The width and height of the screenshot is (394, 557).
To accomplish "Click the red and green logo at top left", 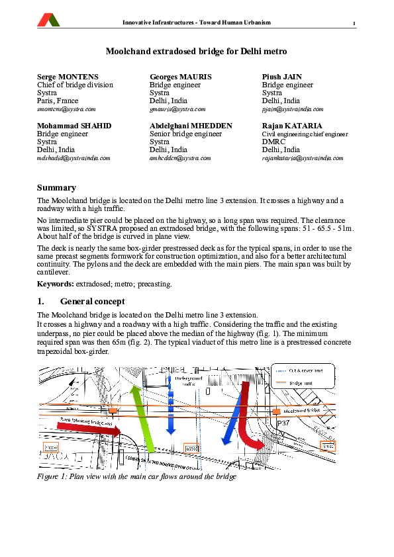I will coord(48,19).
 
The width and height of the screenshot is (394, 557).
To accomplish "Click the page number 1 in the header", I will coord(354,24).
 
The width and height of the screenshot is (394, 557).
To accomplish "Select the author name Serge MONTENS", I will coord(68,77).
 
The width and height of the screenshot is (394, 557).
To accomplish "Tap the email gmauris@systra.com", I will coord(177,109).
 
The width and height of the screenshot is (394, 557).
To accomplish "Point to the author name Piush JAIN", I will coord(282,77).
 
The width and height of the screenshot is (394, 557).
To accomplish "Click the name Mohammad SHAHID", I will coord(74,126).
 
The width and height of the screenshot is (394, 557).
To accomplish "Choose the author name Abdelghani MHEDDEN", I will coord(191,126).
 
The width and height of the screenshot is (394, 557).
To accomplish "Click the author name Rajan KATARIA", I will coord(292,126).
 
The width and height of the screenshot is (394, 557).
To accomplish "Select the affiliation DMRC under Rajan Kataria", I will coord(273,142).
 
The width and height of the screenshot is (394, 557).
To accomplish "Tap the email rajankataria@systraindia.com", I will coord(303,158).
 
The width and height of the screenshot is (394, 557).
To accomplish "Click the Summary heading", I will coord(56,188).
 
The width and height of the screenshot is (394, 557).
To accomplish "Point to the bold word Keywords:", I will coord(55,284).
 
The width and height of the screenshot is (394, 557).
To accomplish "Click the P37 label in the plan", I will coord(284,422).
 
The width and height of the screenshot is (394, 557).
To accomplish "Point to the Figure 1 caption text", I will coord(136,476).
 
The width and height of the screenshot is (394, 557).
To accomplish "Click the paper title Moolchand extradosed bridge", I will coord(196,50).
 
